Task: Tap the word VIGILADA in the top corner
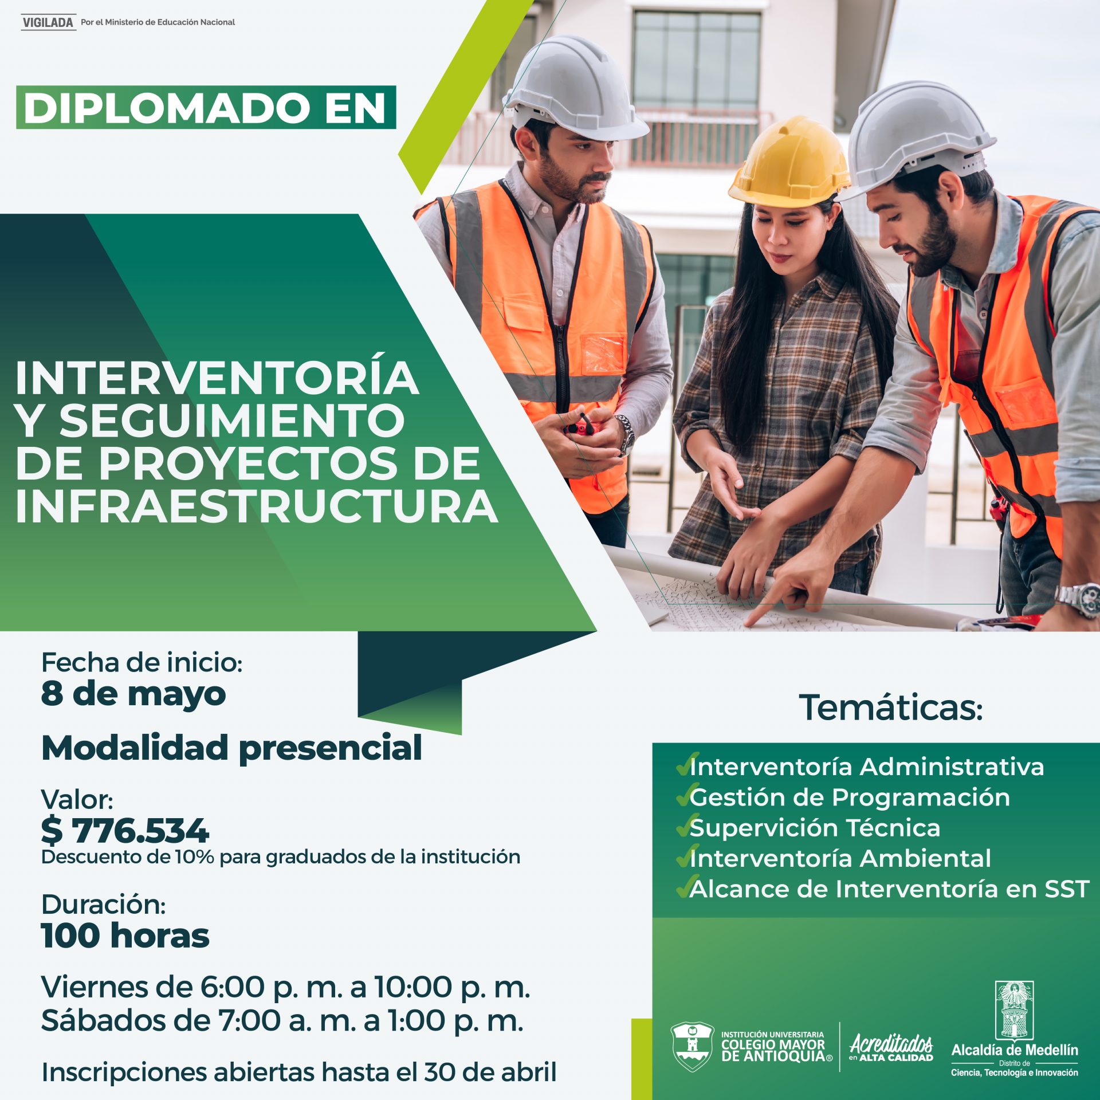coord(49,22)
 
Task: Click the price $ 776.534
coord(125,831)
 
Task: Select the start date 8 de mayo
coord(133,694)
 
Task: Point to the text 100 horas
coord(125,936)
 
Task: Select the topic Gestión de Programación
coord(850,797)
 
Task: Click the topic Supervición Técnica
coord(815,828)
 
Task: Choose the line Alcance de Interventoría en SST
coord(889,889)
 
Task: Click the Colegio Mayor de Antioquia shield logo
coord(692,1046)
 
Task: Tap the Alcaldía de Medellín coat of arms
coord(1014,1010)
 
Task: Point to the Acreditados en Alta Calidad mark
coord(891,1048)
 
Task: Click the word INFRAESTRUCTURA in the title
coord(257,506)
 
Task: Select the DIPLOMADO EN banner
coord(206,107)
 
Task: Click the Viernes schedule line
coord(286,988)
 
